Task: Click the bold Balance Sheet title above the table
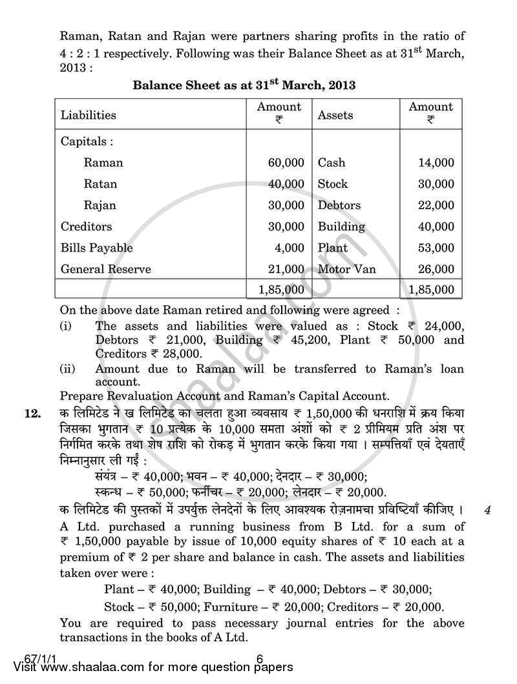pyautogui.click(x=244, y=85)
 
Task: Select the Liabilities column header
pyautogui.click(x=89, y=116)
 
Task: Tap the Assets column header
pyautogui.click(x=335, y=116)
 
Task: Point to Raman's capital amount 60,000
pyautogui.click(x=286, y=163)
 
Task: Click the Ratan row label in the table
pyautogui.click(x=100, y=184)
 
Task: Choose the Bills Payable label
pyautogui.click(x=96, y=248)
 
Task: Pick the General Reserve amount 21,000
pyautogui.click(x=286, y=269)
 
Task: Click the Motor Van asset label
pyautogui.click(x=346, y=269)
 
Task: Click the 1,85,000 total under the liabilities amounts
pyautogui.click(x=280, y=290)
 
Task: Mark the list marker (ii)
pyautogui.click(x=67, y=369)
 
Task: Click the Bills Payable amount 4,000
pyautogui.click(x=289, y=248)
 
